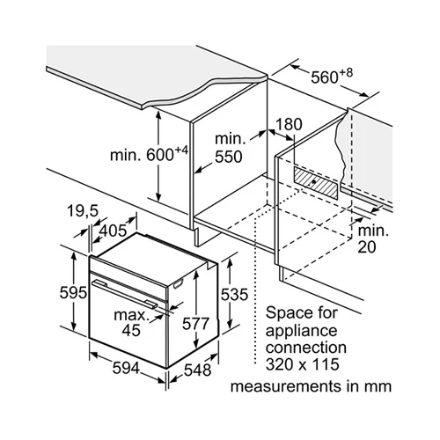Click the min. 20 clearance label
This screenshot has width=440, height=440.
(372, 238)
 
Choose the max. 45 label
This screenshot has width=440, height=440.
(131, 322)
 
